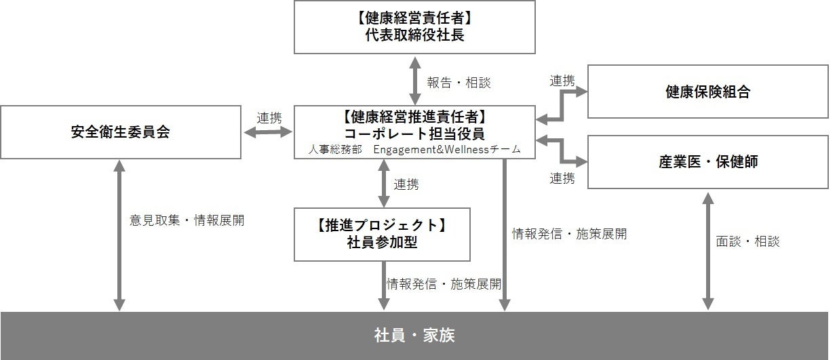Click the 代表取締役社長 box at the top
pos(414,27)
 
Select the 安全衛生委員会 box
pos(120,132)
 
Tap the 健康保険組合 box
pos(707,92)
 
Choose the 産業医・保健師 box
pos(707,162)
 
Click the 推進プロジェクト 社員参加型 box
pos(382,234)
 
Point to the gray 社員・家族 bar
pos(414,336)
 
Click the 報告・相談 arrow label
pos(459,83)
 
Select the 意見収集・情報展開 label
pos(187,220)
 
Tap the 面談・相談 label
pos(747,241)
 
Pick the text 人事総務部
pos(335,150)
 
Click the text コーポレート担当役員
pos(414,133)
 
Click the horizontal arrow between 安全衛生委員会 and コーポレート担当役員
pos(268,133)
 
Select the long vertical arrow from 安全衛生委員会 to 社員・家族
pos(119,235)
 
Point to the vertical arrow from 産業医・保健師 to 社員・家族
pos(707,251)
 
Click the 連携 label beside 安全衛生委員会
pos(269,117)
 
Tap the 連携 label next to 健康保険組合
pos(562,81)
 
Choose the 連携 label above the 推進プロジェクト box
pos(406,184)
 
